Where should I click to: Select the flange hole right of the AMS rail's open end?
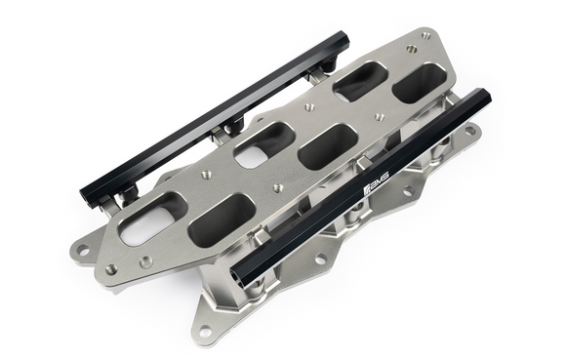click(x=319, y=260)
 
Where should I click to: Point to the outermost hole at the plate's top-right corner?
click(x=425, y=36)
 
